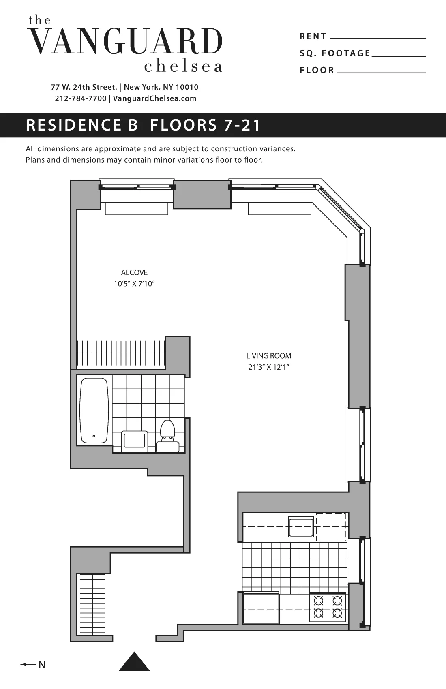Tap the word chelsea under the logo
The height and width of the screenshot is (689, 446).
(x=183, y=66)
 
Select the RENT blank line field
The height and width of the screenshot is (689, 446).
(x=378, y=37)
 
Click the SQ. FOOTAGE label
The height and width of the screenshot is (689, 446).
(x=335, y=53)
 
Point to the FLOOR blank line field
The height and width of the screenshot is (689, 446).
(x=381, y=71)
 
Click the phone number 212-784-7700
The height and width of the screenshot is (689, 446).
(x=80, y=98)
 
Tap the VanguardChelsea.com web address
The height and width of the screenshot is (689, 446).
(x=154, y=98)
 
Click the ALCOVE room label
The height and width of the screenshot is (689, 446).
(x=134, y=272)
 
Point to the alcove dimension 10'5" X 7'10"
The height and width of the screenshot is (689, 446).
(x=134, y=284)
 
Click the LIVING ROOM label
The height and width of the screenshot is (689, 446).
(x=268, y=356)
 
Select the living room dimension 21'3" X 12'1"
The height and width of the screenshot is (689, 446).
(x=268, y=368)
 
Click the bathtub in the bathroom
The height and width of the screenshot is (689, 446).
(x=94, y=411)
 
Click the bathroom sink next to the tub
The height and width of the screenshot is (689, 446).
(x=135, y=440)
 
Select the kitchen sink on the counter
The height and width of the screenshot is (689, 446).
(x=301, y=527)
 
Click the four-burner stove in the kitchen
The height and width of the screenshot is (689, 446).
(x=328, y=607)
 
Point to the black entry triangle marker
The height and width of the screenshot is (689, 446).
(x=134, y=661)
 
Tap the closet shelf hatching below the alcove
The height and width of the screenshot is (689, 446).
(x=121, y=353)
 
